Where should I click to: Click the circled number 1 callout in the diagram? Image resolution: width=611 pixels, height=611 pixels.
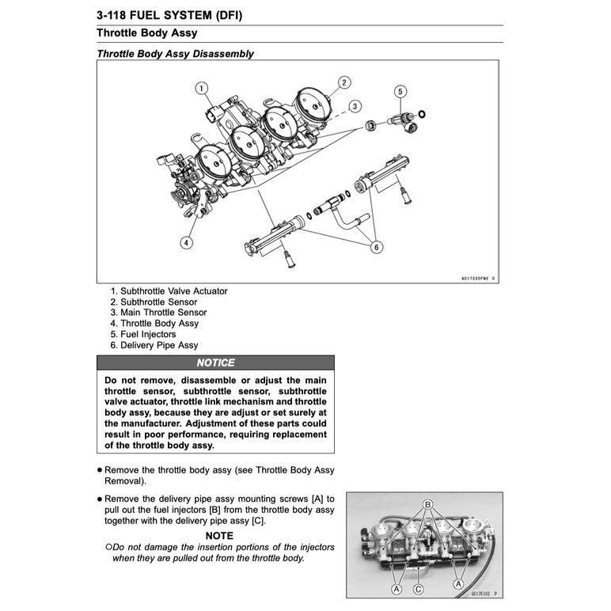click(x=201, y=88)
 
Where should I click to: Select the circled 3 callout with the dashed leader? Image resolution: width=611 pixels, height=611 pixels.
click(x=355, y=106)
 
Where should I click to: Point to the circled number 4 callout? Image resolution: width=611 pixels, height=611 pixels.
click(x=186, y=243)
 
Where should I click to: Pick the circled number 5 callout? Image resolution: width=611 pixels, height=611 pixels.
click(x=400, y=92)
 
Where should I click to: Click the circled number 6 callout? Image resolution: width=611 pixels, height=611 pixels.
click(x=376, y=248)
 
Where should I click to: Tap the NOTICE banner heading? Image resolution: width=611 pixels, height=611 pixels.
click(x=215, y=362)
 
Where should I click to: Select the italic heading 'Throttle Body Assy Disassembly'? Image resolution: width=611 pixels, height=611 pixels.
click(x=175, y=54)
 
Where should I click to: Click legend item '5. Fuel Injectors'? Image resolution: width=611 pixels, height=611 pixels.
click(x=143, y=334)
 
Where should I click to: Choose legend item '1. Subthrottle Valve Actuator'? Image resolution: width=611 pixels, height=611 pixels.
click(x=169, y=291)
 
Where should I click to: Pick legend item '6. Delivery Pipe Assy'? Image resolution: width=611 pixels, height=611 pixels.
click(x=154, y=345)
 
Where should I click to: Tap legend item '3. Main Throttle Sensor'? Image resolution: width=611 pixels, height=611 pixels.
click(x=158, y=313)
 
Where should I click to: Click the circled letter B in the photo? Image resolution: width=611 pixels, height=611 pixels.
click(x=427, y=504)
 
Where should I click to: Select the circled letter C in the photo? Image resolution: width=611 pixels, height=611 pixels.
click(x=418, y=589)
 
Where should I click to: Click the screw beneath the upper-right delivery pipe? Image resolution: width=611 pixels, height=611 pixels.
click(x=405, y=193)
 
